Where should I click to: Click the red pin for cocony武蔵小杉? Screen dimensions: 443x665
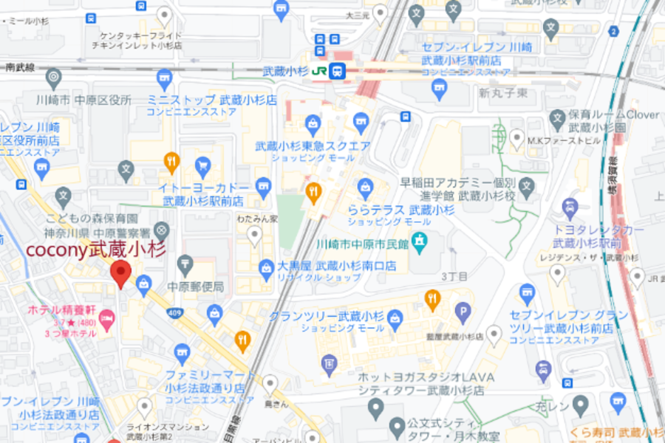point(120,275)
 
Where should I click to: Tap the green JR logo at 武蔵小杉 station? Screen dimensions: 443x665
point(319,71)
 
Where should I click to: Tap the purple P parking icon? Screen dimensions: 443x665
point(463,312)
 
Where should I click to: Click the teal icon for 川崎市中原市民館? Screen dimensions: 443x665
point(420,240)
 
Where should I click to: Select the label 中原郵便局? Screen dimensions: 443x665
point(195,286)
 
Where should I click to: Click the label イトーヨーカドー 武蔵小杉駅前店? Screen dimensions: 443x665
point(202,194)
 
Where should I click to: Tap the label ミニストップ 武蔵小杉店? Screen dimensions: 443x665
point(211,100)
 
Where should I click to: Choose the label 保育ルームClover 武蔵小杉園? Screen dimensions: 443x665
point(613,120)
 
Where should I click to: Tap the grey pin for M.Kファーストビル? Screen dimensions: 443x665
point(519,137)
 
